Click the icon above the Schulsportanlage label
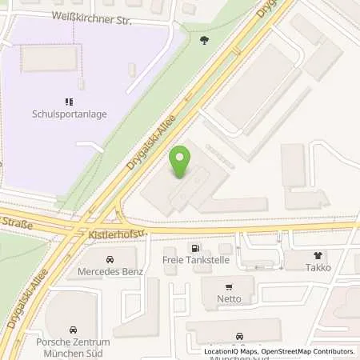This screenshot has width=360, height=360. click(69, 102)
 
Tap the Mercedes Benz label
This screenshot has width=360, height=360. click(110, 271)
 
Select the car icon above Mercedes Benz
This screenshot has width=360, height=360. click(110, 259)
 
